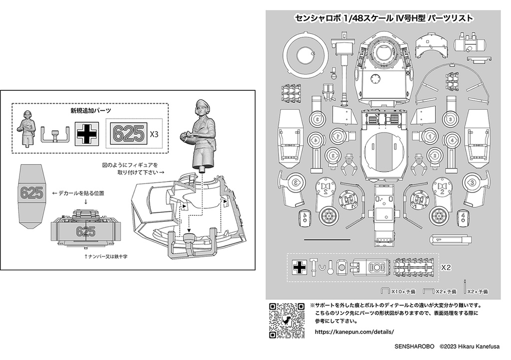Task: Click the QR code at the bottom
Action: [286, 320]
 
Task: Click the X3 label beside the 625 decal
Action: [155, 134]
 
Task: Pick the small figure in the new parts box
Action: [27, 128]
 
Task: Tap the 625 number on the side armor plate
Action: [31, 193]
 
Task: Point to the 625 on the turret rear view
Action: [86, 231]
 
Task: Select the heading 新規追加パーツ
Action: [90, 110]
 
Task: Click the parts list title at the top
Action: [384, 18]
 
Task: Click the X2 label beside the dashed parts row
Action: [447, 267]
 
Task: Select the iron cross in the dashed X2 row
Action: [299, 268]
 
